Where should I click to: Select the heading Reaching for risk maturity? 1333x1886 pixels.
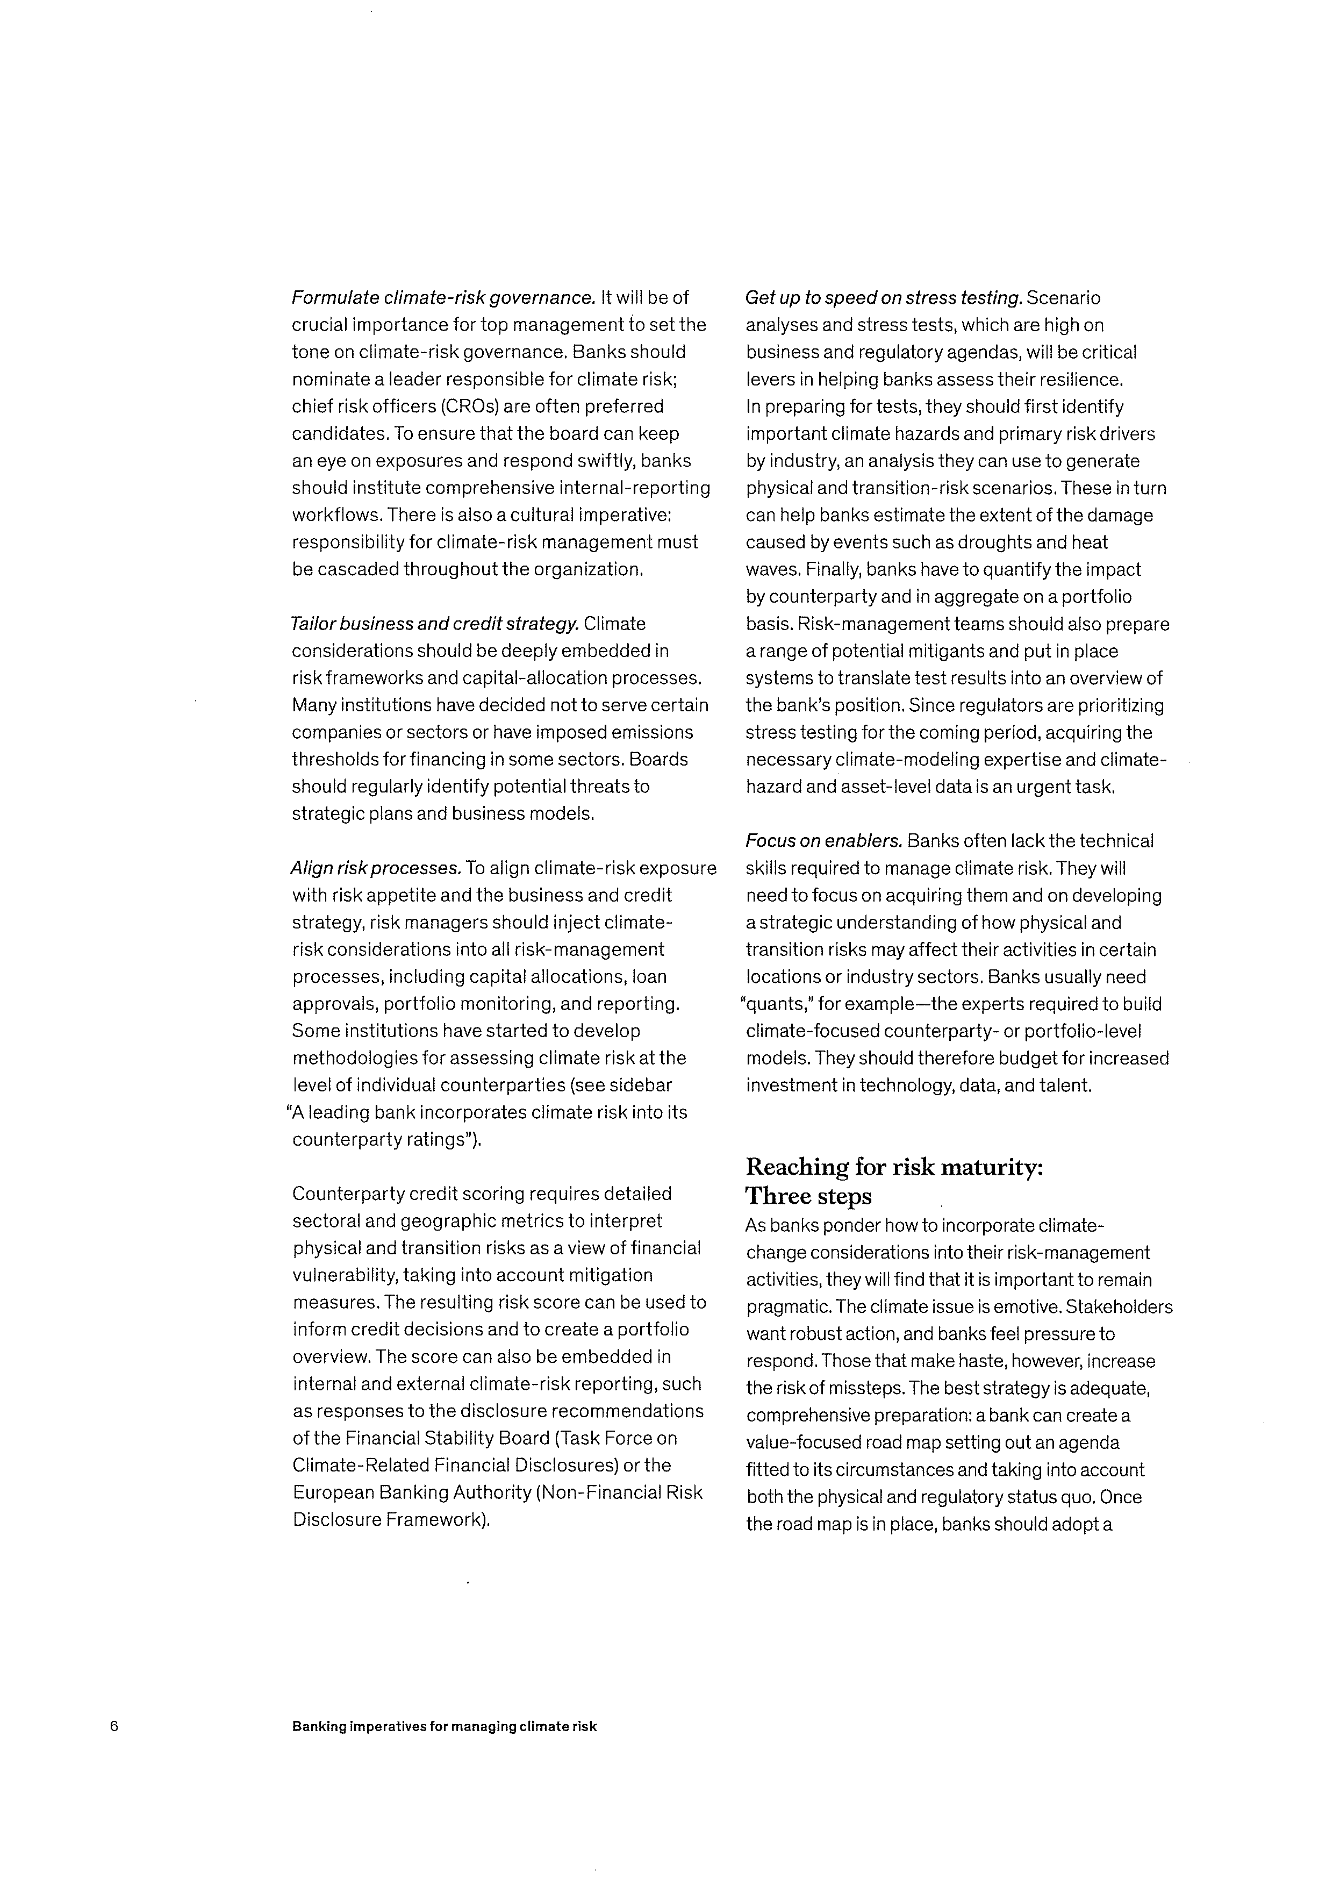pyautogui.click(x=894, y=1167)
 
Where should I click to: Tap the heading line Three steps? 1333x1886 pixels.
pyautogui.click(x=808, y=1196)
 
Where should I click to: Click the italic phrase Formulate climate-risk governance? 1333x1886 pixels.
pyautogui.click(x=443, y=297)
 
